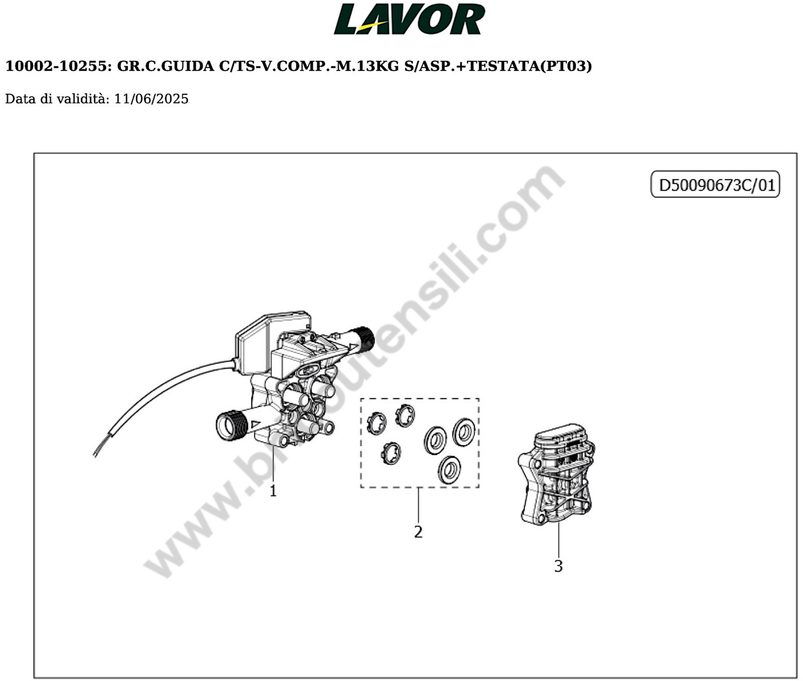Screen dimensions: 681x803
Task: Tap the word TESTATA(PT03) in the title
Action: coord(529,66)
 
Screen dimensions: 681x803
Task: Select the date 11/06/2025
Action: coord(151,99)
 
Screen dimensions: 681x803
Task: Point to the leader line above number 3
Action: coord(558,540)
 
